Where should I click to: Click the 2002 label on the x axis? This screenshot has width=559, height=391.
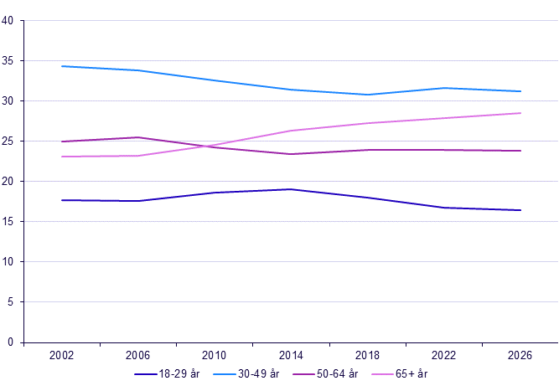coord(61,355)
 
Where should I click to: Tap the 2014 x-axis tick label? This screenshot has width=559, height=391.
coord(291,355)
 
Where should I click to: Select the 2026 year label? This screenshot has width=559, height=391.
coord(520,355)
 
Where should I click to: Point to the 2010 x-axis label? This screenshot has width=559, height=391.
coord(214,355)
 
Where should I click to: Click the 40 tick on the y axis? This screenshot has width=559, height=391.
coord(8,21)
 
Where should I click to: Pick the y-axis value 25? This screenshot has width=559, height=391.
coord(8,141)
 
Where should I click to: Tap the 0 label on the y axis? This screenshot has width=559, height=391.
coord(10,342)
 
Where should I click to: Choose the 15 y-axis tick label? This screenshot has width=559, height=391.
coord(8,222)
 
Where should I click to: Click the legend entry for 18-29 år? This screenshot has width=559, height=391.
coord(167,374)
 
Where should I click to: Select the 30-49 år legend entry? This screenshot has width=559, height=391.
coord(246,374)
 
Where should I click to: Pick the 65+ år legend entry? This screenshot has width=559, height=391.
coord(399,374)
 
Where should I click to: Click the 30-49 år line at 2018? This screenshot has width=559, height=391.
coord(367,95)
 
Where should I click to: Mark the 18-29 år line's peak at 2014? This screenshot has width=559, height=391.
coord(291,189)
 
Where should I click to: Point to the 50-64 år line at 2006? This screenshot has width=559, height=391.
coord(138,137)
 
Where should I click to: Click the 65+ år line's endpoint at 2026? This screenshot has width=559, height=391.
coord(520,113)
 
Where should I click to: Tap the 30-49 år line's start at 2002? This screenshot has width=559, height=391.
coord(62,66)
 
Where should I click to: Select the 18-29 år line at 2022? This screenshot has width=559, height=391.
coord(444,208)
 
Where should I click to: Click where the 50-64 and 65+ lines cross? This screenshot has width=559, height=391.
coord(208,146)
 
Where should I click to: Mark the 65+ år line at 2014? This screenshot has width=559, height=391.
coord(291,131)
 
